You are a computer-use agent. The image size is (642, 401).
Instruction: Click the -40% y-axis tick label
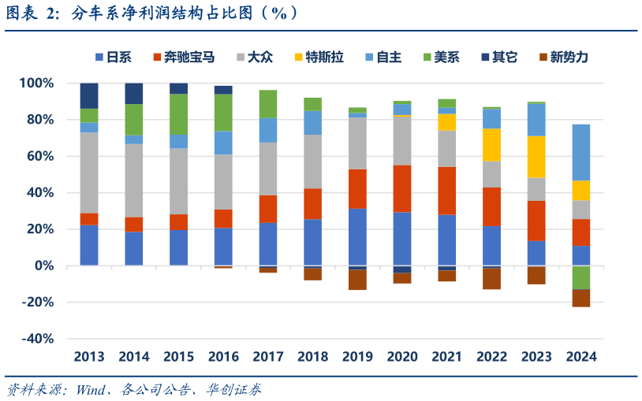pos(38,339)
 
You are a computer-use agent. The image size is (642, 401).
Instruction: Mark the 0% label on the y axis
pos(43,266)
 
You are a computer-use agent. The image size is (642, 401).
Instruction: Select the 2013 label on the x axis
pos(89,357)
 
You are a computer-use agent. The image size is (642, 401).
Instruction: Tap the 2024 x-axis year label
pos(581,357)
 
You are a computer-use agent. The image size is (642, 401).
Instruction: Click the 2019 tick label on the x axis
pos(357,357)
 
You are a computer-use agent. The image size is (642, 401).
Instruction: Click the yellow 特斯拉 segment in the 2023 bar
pos(536,157)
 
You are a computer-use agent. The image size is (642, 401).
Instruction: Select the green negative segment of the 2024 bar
pos(581,277)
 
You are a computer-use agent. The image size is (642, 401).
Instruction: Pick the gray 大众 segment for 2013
pos(89,173)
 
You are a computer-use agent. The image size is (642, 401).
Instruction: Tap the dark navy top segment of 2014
pos(134,93)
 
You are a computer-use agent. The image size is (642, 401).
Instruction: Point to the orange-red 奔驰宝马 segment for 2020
pos(402,188)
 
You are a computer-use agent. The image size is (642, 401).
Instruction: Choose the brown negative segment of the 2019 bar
pos(357,280)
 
